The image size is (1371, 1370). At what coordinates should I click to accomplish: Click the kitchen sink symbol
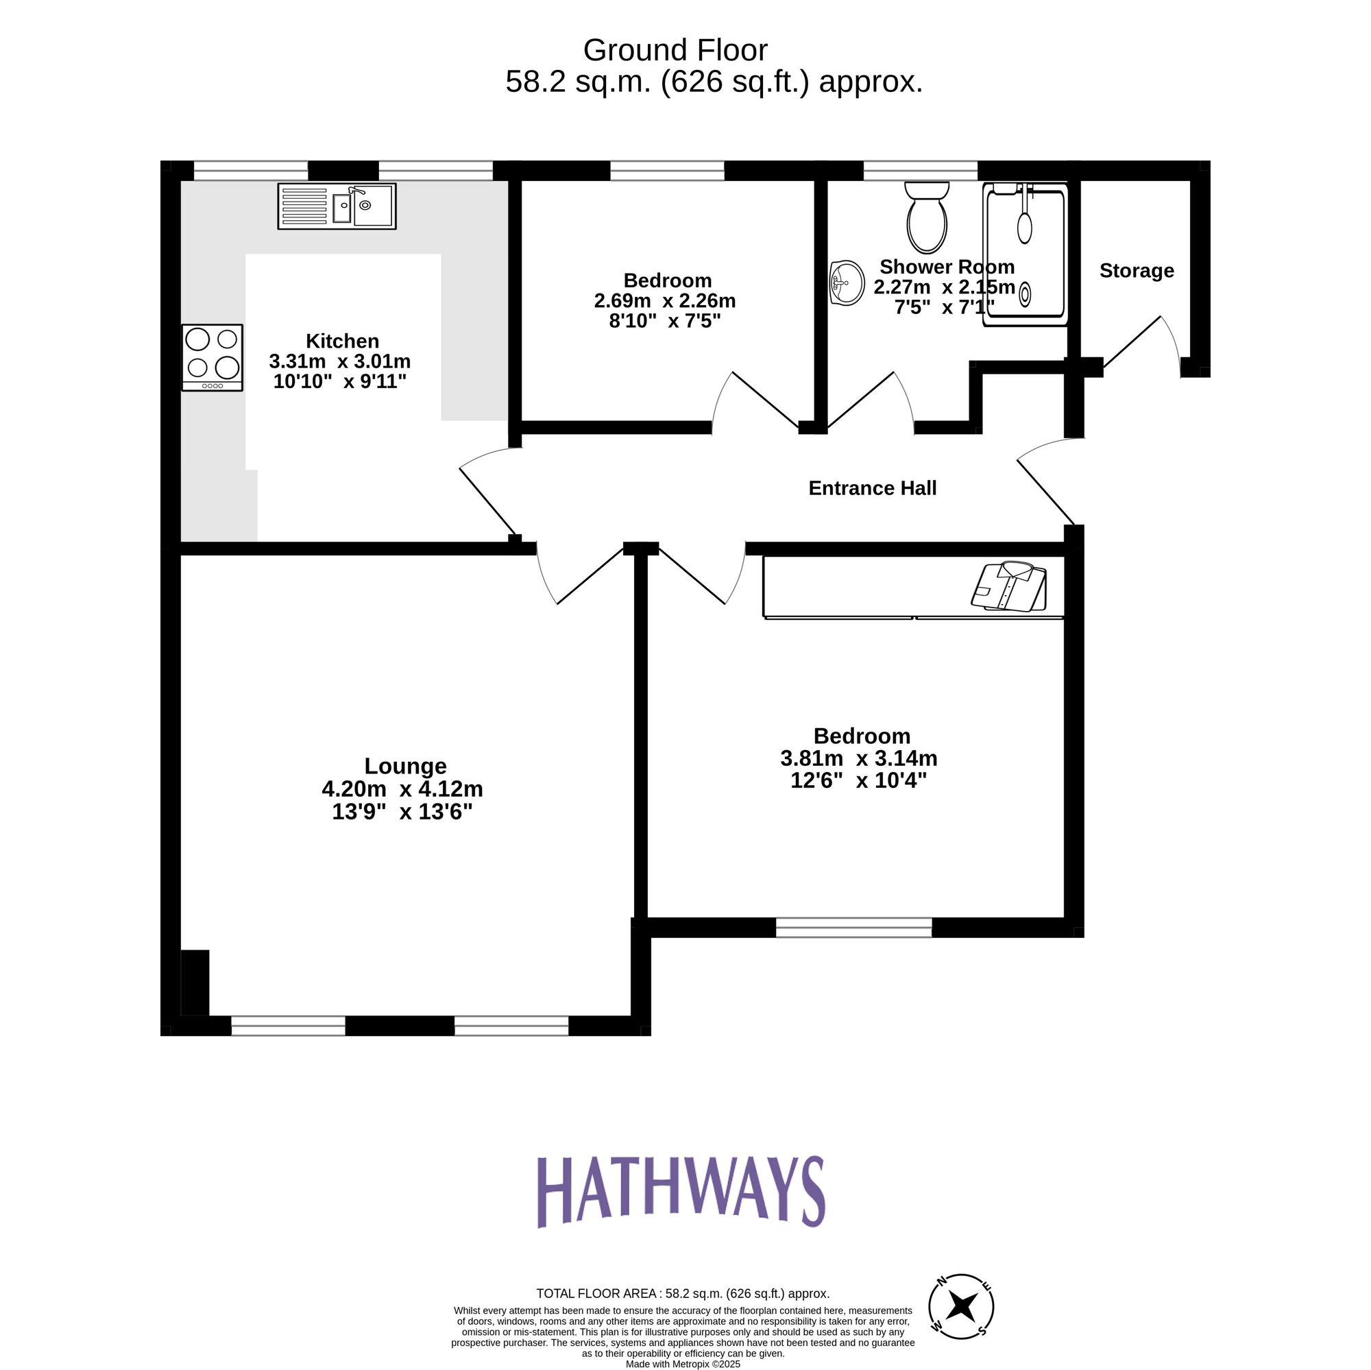point(337,206)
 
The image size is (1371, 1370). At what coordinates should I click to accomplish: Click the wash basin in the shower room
point(847,283)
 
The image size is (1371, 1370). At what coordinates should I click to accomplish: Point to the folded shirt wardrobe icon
point(1009,586)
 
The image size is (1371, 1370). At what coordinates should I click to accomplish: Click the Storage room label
point(1136,270)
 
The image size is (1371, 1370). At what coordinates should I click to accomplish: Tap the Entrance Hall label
point(872,488)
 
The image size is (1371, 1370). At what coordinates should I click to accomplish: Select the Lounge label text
point(405,766)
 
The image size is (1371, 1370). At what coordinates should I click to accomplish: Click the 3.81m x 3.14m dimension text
point(859,758)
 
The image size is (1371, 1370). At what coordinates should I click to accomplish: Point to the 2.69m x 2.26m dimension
point(664,301)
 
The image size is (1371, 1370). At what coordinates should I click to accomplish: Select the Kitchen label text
point(342,341)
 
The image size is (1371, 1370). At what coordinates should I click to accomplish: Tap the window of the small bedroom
point(667,170)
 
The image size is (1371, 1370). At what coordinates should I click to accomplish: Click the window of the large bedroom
point(853,927)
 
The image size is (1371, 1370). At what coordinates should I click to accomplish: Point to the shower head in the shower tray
point(1024,226)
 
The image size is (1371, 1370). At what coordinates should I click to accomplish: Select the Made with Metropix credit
point(683,1365)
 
